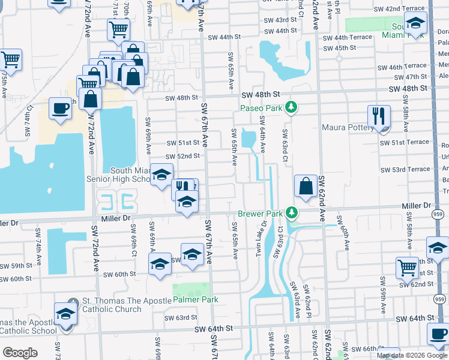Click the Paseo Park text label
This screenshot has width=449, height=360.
pos(261,107)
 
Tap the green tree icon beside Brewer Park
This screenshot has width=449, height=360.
pos(291,212)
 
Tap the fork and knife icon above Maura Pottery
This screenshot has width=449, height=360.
pos(379,116)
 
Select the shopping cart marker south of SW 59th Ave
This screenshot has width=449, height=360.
pos(407,267)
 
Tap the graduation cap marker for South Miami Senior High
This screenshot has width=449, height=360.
pos(161,175)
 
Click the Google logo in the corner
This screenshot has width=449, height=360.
pos(20,353)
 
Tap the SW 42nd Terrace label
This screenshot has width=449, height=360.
pos(406,8)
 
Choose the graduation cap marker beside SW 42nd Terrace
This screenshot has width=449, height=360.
pos(415,24)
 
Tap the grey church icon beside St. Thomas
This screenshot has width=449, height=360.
pos(72,301)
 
